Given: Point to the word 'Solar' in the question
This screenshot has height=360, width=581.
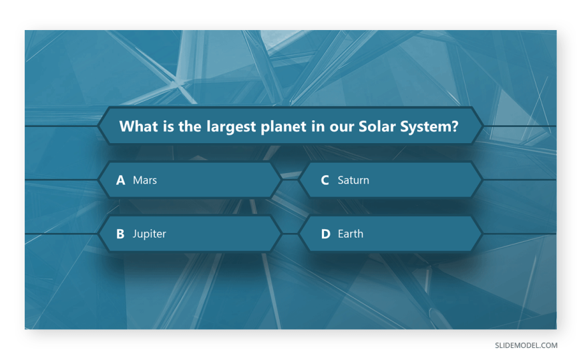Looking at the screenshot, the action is coord(372,126).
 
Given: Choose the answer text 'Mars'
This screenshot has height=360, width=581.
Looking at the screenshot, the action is coord(145,180).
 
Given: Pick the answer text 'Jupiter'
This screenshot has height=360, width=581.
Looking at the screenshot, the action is coord(150,234).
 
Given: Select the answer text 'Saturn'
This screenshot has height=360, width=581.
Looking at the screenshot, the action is coord(353,180).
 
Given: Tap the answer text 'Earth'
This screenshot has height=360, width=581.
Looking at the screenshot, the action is coord(351,234).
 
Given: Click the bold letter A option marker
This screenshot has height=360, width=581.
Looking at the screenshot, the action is coord(120,180).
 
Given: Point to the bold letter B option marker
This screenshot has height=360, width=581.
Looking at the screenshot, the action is coord(120,234).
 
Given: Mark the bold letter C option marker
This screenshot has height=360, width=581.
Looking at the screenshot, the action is coord(325,180).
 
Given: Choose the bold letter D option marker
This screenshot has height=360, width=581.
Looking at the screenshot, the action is coord(325,234).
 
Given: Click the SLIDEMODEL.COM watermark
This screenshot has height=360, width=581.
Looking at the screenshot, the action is coord(526,345).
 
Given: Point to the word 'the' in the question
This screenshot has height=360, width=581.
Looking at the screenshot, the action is coord(190,126).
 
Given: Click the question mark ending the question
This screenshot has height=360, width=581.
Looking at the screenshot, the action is coord(455,126).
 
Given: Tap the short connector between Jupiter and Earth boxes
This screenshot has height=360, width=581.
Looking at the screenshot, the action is coord(290,234).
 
